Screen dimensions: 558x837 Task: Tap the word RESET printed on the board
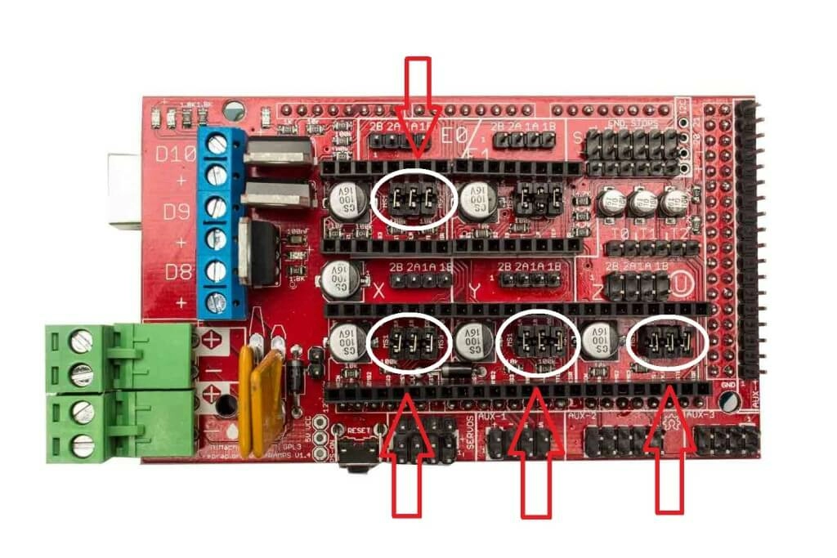coord(359,429)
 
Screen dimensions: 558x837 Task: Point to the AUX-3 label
coord(701,417)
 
